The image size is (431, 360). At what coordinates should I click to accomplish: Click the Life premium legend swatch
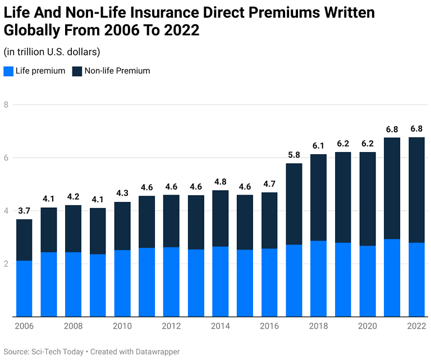click(8, 71)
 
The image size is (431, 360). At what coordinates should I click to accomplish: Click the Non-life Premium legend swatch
click(77, 71)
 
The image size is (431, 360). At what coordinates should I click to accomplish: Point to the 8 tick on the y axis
click(6, 105)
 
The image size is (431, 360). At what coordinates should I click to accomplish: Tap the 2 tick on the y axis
click(6, 264)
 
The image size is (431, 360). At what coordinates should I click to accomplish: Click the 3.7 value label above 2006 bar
click(24, 211)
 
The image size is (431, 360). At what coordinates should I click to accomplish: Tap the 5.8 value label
click(294, 155)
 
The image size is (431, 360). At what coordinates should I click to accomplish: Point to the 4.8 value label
click(220, 182)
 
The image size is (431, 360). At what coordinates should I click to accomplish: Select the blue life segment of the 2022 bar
click(416, 279)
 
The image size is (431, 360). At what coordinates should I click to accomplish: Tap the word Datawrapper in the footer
click(152, 352)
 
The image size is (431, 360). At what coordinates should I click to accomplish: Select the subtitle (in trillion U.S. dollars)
click(52, 52)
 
